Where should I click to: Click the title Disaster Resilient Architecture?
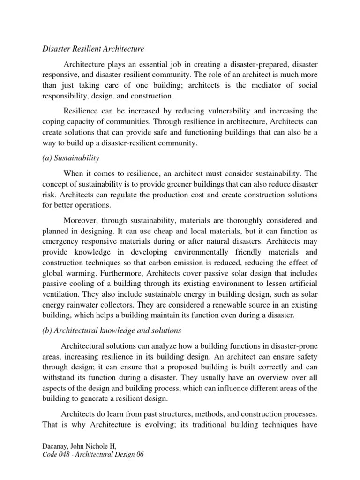(x=93, y=48)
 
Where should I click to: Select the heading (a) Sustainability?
(x=71, y=158)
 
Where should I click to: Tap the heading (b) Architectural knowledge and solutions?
(x=111, y=330)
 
